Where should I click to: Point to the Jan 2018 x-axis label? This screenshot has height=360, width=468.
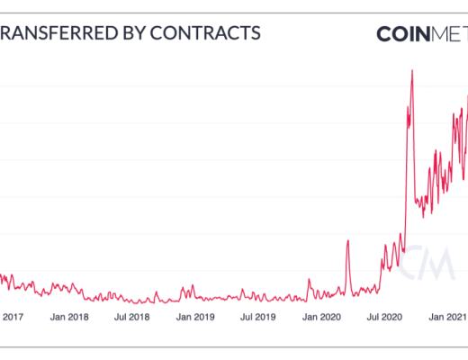tap(68, 317)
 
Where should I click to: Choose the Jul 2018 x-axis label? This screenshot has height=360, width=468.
tap(131, 317)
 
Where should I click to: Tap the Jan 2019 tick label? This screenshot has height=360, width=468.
tap(194, 317)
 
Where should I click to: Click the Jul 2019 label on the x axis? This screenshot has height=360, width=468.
tap(257, 317)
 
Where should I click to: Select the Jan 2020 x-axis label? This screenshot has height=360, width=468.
tap(321, 317)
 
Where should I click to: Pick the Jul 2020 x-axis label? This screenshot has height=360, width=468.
tap(384, 317)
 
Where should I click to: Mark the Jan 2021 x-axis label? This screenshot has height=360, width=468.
tap(445, 317)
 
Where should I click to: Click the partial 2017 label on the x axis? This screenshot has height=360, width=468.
tap(13, 317)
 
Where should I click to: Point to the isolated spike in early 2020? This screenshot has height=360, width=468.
tap(348, 241)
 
